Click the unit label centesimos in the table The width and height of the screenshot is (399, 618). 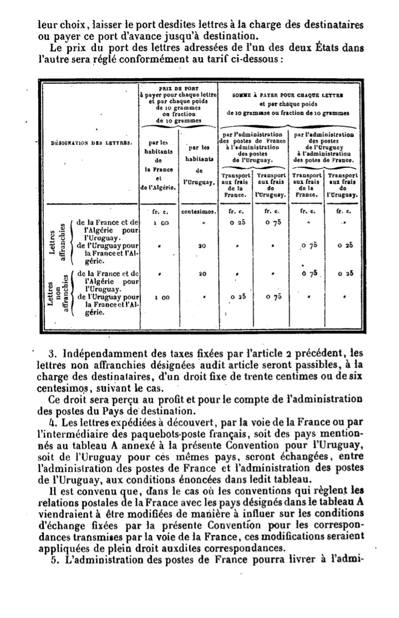tap(198, 212)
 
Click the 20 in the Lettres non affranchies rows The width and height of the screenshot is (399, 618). tap(202, 273)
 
